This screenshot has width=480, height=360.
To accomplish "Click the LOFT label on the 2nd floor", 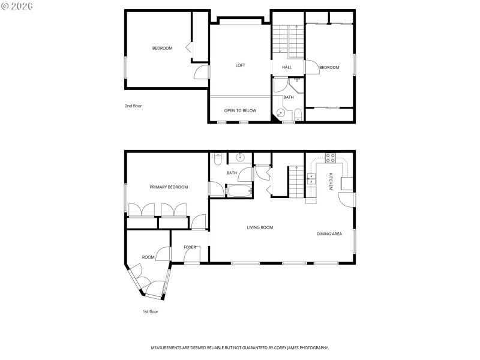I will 240,65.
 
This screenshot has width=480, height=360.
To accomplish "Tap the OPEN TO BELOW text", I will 240,110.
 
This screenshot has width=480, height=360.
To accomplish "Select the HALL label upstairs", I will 287,67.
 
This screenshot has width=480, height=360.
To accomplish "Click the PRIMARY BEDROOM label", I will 169,187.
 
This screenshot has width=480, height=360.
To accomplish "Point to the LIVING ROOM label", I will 260,227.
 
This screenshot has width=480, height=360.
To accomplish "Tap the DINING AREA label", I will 329,233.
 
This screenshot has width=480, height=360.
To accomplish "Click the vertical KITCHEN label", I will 331,182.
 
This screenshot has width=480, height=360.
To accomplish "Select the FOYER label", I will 190,247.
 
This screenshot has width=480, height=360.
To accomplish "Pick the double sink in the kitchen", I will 311,179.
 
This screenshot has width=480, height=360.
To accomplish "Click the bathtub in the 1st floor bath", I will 238,191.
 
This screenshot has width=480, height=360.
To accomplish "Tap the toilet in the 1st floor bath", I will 218,159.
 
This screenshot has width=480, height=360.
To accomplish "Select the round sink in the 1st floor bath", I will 240,158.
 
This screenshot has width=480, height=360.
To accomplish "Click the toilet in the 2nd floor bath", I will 298,114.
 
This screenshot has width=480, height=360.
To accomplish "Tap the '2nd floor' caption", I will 133,106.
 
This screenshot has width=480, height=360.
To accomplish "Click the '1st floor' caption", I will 150,311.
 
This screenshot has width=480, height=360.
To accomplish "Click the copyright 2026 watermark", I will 17,5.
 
